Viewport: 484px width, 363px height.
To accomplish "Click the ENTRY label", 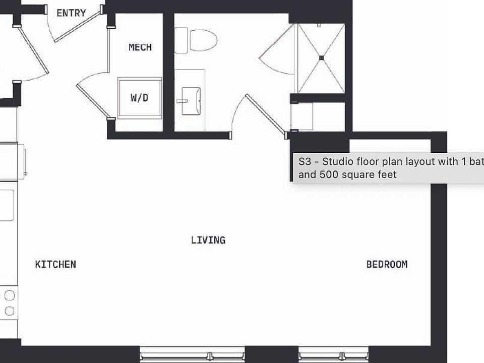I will (71, 13).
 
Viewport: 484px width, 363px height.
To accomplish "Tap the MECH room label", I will (140, 47).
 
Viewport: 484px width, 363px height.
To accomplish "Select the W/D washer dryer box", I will (140, 97).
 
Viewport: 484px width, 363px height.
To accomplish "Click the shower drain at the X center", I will (321, 58).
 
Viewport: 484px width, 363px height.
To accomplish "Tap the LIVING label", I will (208, 240).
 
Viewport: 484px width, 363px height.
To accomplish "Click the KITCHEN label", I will (55, 264).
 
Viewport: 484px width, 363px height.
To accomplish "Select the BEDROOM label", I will (387, 264).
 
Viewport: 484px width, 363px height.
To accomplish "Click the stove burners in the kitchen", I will (9, 302).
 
